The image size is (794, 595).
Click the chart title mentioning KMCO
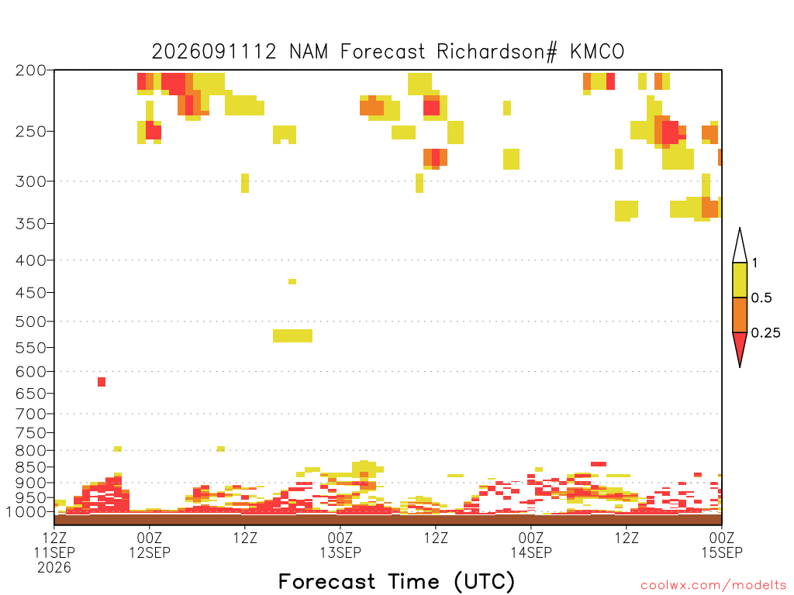[x=388, y=52]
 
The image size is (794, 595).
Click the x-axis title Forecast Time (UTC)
[x=396, y=581]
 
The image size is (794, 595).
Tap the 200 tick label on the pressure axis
[x=30, y=71]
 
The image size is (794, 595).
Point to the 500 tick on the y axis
[x=30, y=322]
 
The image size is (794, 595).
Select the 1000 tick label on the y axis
[x=26, y=511]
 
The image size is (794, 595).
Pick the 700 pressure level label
[x=30, y=414]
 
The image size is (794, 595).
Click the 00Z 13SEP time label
[x=340, y=545]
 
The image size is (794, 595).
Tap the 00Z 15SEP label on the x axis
[x=722, y=545]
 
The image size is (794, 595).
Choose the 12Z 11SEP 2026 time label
[x=54, y=552]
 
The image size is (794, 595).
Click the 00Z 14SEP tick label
[x=530, y=545]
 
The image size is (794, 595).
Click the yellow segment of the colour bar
[x=740, y=280]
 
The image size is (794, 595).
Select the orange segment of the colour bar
[x=740, y=315]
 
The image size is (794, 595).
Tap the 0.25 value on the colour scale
[x=765, y=333]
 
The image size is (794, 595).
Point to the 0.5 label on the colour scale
[x=761, y=298]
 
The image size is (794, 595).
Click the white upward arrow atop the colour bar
[x=740, y=246]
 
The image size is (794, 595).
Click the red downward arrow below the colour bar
[x=740, y=348]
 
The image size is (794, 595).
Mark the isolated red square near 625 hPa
[x=102, y=382]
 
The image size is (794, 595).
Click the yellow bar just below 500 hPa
[x=292, y=336]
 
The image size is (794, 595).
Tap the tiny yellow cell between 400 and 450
[x=292, y=282]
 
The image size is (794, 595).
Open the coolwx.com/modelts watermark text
[x=713, y=586]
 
